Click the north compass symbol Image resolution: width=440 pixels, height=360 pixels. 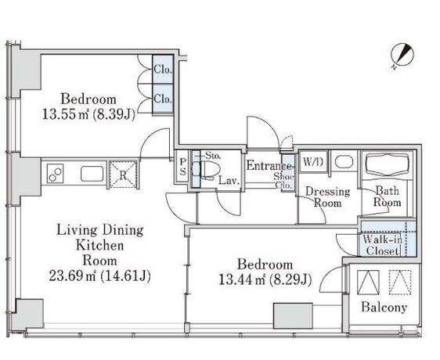coord(402,56)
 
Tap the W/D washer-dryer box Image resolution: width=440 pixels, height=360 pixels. coord(313,162)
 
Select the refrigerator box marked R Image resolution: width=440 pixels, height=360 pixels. coord(123,175)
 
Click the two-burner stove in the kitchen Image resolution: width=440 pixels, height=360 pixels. coord(55,174)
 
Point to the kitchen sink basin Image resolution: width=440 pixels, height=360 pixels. coord(92,174)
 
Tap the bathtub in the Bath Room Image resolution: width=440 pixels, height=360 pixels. coord(388,166)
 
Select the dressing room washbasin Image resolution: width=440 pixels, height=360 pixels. coord(344,162)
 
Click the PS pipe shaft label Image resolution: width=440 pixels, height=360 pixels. coord(182,167)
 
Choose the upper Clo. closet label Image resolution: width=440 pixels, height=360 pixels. coord(163,69)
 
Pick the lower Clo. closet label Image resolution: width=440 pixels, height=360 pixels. coord(163,99)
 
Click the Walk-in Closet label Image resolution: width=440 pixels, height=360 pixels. coord(383,245)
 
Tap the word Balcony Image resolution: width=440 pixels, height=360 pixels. coord(384,308)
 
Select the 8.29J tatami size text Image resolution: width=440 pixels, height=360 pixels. coord(290,279)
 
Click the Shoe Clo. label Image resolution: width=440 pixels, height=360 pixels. coord(284,181)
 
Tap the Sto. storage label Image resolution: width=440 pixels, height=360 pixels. coord(213,155)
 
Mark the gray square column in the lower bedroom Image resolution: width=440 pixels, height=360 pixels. coord(294,315)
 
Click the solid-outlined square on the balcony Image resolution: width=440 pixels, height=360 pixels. coord(368,283)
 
